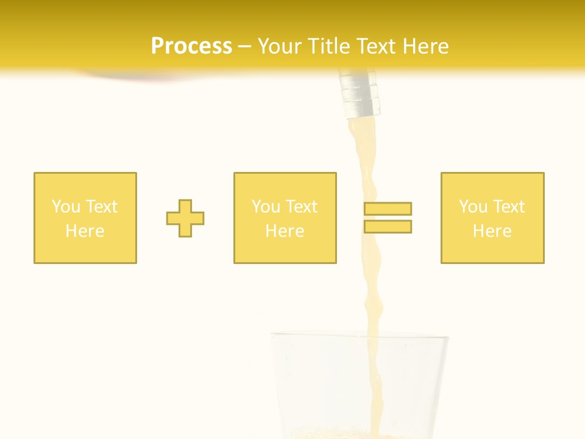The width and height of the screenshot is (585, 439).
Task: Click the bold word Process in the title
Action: pos(191,46)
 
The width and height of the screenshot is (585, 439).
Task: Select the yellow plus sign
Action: pos(185,218)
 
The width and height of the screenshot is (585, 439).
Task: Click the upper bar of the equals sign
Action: pos(388,209)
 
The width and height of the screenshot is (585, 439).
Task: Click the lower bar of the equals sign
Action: pos(388,226)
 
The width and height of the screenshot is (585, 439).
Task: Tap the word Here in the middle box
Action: pos(285,231)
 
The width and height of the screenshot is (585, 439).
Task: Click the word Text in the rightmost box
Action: pos(508,207)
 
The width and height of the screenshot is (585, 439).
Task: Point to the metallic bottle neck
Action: pos(360,95)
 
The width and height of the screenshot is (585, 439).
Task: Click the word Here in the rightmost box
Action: pos(492,231)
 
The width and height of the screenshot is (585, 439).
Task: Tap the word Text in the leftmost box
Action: pos(101,207)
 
